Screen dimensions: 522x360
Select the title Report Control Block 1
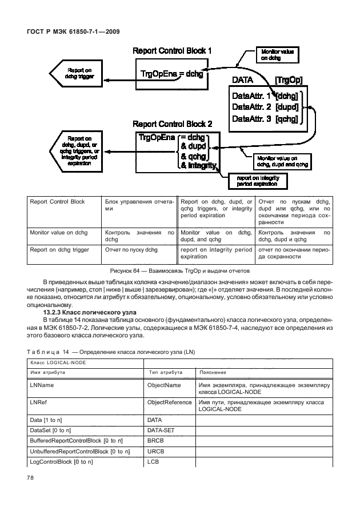tap(172, 51)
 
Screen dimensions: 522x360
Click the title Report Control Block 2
tap(172, 123)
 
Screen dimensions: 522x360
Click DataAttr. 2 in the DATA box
tap(251, 106)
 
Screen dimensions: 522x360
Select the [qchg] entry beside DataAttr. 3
tap(287, 119)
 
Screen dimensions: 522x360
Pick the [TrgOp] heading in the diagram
tap(289, 81)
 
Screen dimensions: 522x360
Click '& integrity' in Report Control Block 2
tap(198, 166)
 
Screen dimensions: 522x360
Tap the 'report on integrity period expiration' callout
tap(257, 181)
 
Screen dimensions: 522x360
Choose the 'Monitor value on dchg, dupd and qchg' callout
tap(282, 161)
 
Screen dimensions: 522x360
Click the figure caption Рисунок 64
tap(179, 270)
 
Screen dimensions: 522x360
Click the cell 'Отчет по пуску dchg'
tap(131, 249)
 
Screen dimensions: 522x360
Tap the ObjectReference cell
tap(170, 403)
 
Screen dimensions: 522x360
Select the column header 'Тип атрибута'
tap(165, 372)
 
